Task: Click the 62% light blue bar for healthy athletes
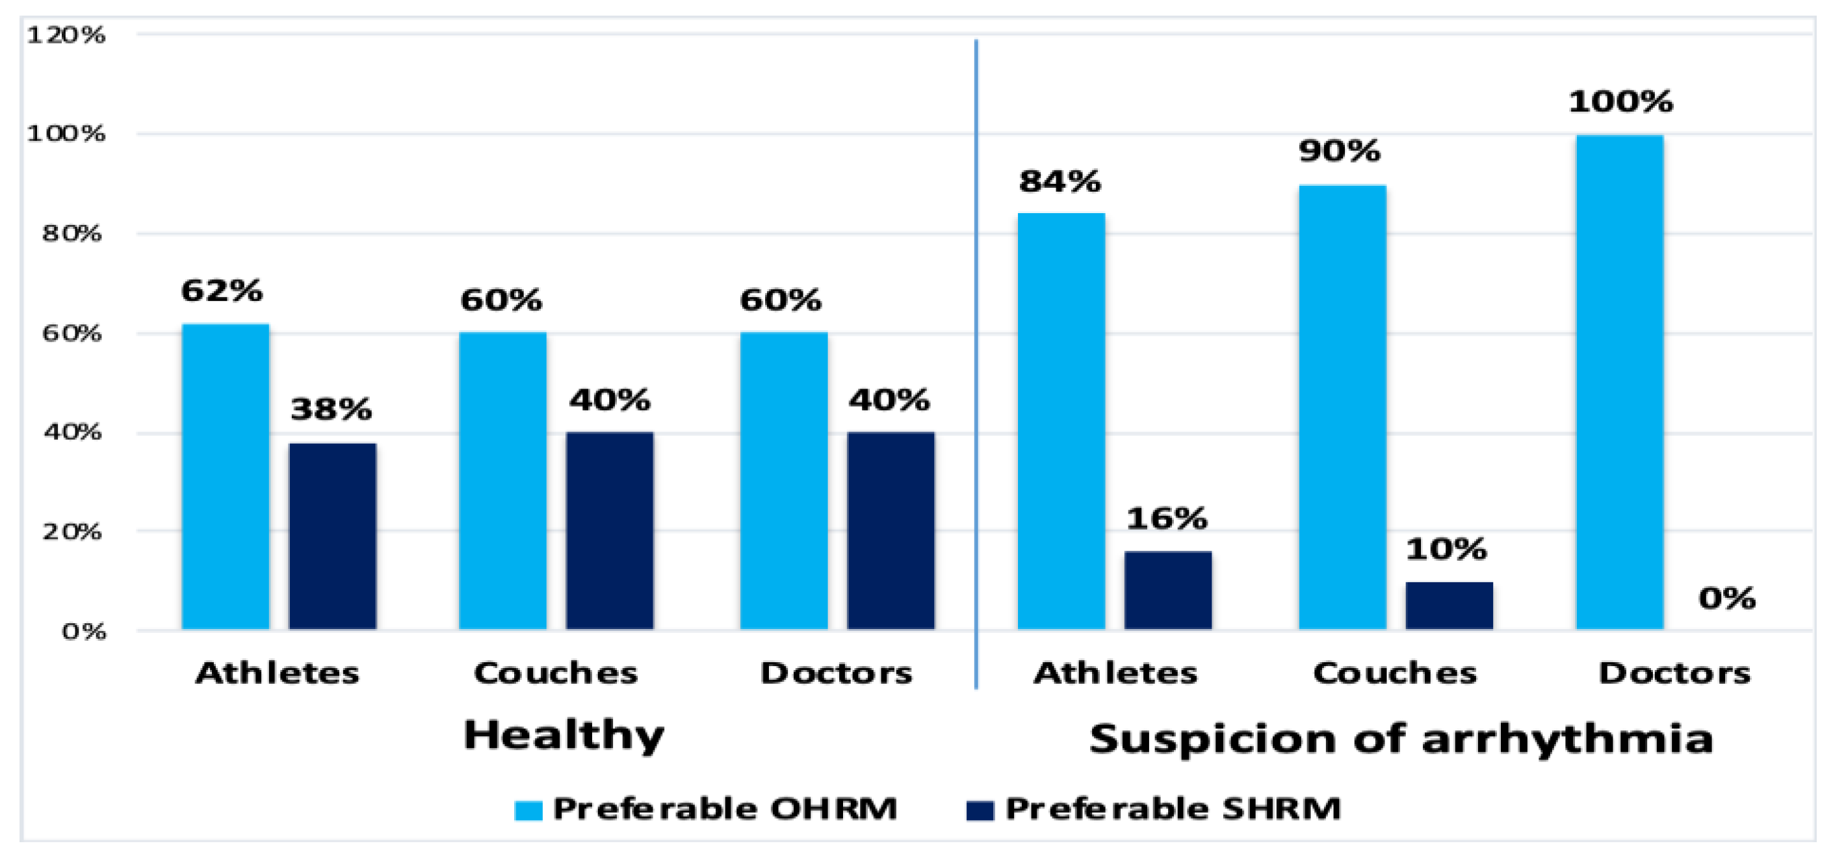pyautogui.click(x=226, y=476)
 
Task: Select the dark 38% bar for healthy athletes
pyautogui.click(x=332, y=536)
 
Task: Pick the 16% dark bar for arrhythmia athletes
pyautogui.click(x=1167, y=590)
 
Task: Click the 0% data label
pyautogui.click(x=1727, y=599)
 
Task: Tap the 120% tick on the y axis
pyautogui.click(x=66, y=34)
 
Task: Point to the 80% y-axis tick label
pyautogui.click(x=71, y=233)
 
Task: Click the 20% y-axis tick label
pyautogui.click(x=71, y=532)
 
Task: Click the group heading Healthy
pyautogui.click(x=564, y=736)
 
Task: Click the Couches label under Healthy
pyautogui.click(x=556, y=673)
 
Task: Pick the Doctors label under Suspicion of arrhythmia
pyautogui.click(x=1674, y=673)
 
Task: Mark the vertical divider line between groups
pyautogui.click(x=976, y=355)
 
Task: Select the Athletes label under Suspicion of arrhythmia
pyautogui.click(x=1115, y=673)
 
